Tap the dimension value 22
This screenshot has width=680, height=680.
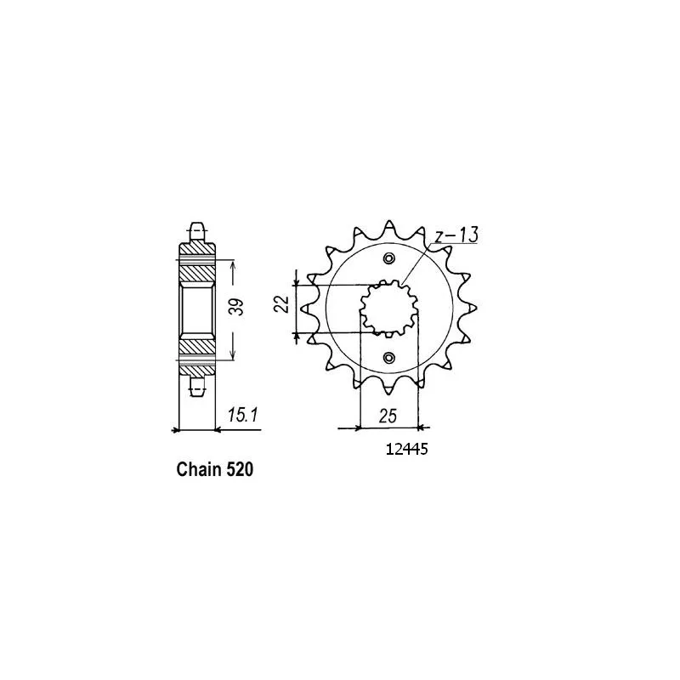(x=282, y=303)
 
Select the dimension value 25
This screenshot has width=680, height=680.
(x=388, y=416)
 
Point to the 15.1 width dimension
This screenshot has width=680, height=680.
(x=243, y=416)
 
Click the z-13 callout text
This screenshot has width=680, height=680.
(x=456, y=235)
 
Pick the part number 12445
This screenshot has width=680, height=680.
(x=407, y=449)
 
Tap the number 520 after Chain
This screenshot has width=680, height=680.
(x=240, y=470)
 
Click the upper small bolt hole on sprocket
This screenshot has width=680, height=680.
(x=389, y=258)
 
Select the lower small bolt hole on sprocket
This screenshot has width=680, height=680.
(x=389, y=358)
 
